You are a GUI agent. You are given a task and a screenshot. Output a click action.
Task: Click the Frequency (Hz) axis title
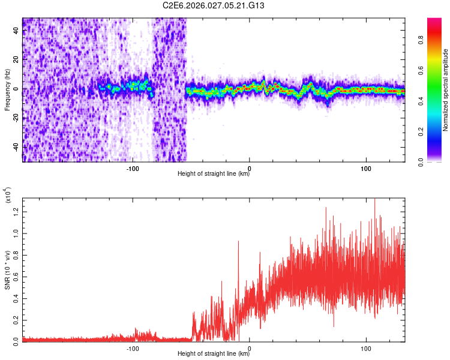coord(7,90)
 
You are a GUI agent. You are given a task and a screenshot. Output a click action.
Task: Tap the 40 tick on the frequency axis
coord(16,31)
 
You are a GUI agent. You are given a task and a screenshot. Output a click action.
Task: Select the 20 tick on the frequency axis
coord(16,60)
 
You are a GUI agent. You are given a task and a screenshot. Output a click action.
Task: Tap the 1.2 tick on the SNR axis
coord(16,210)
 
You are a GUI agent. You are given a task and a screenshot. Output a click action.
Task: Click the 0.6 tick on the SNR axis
coord(16,275)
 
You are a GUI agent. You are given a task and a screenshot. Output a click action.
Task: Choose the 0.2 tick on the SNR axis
coord(16,319)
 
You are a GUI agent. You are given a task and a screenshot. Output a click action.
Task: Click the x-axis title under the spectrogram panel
coord(214,174)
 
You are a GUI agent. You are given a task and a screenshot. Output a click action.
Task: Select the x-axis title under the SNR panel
coord(214,354)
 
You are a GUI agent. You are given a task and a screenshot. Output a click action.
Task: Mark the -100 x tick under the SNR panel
coord(133,348)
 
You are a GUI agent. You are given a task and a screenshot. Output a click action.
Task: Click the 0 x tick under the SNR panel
coord(250,348)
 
